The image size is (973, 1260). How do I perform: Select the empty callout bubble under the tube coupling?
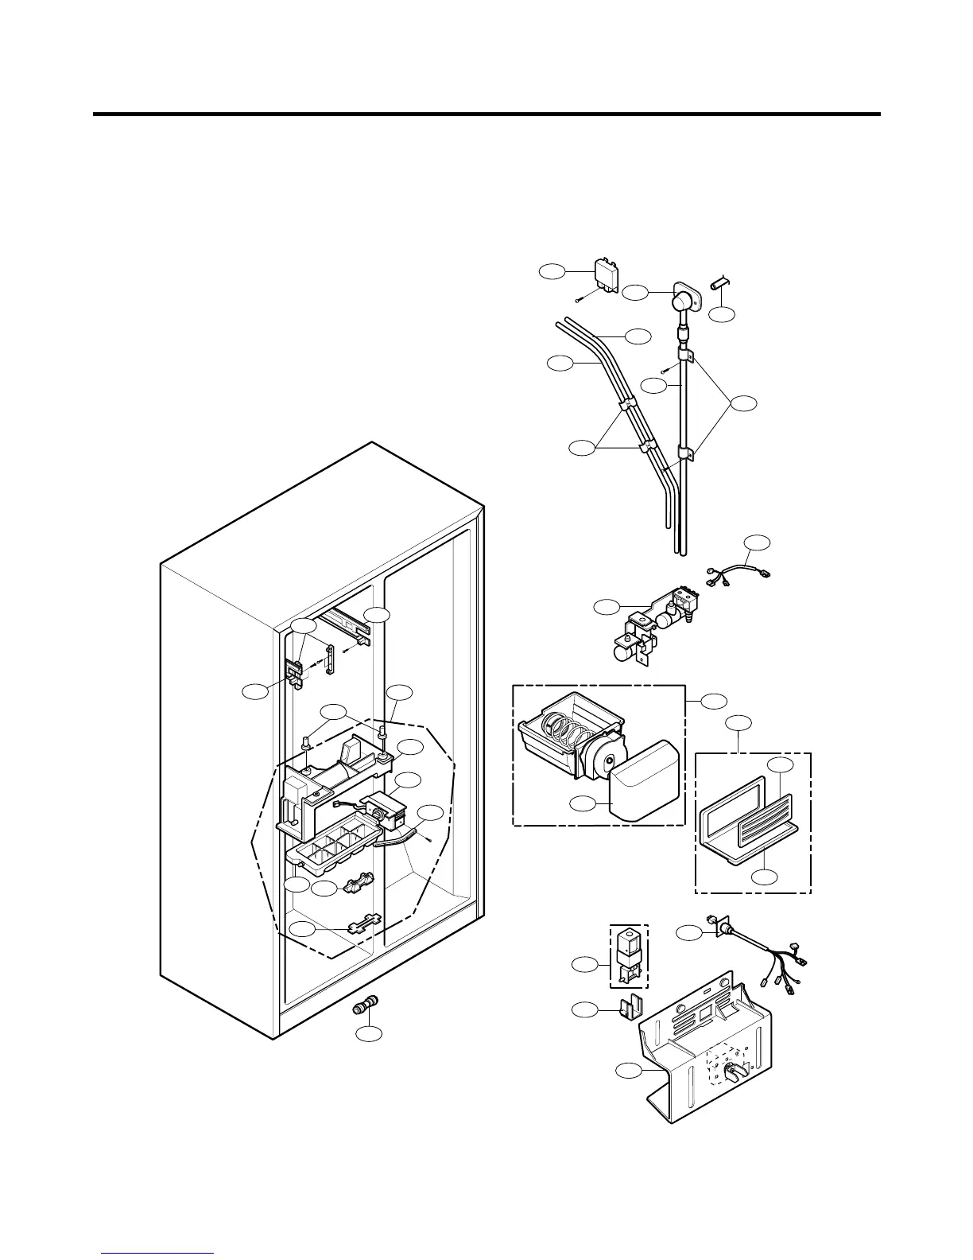tap(368, 1034)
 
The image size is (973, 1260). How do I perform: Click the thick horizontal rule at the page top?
tap(486, 115)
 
